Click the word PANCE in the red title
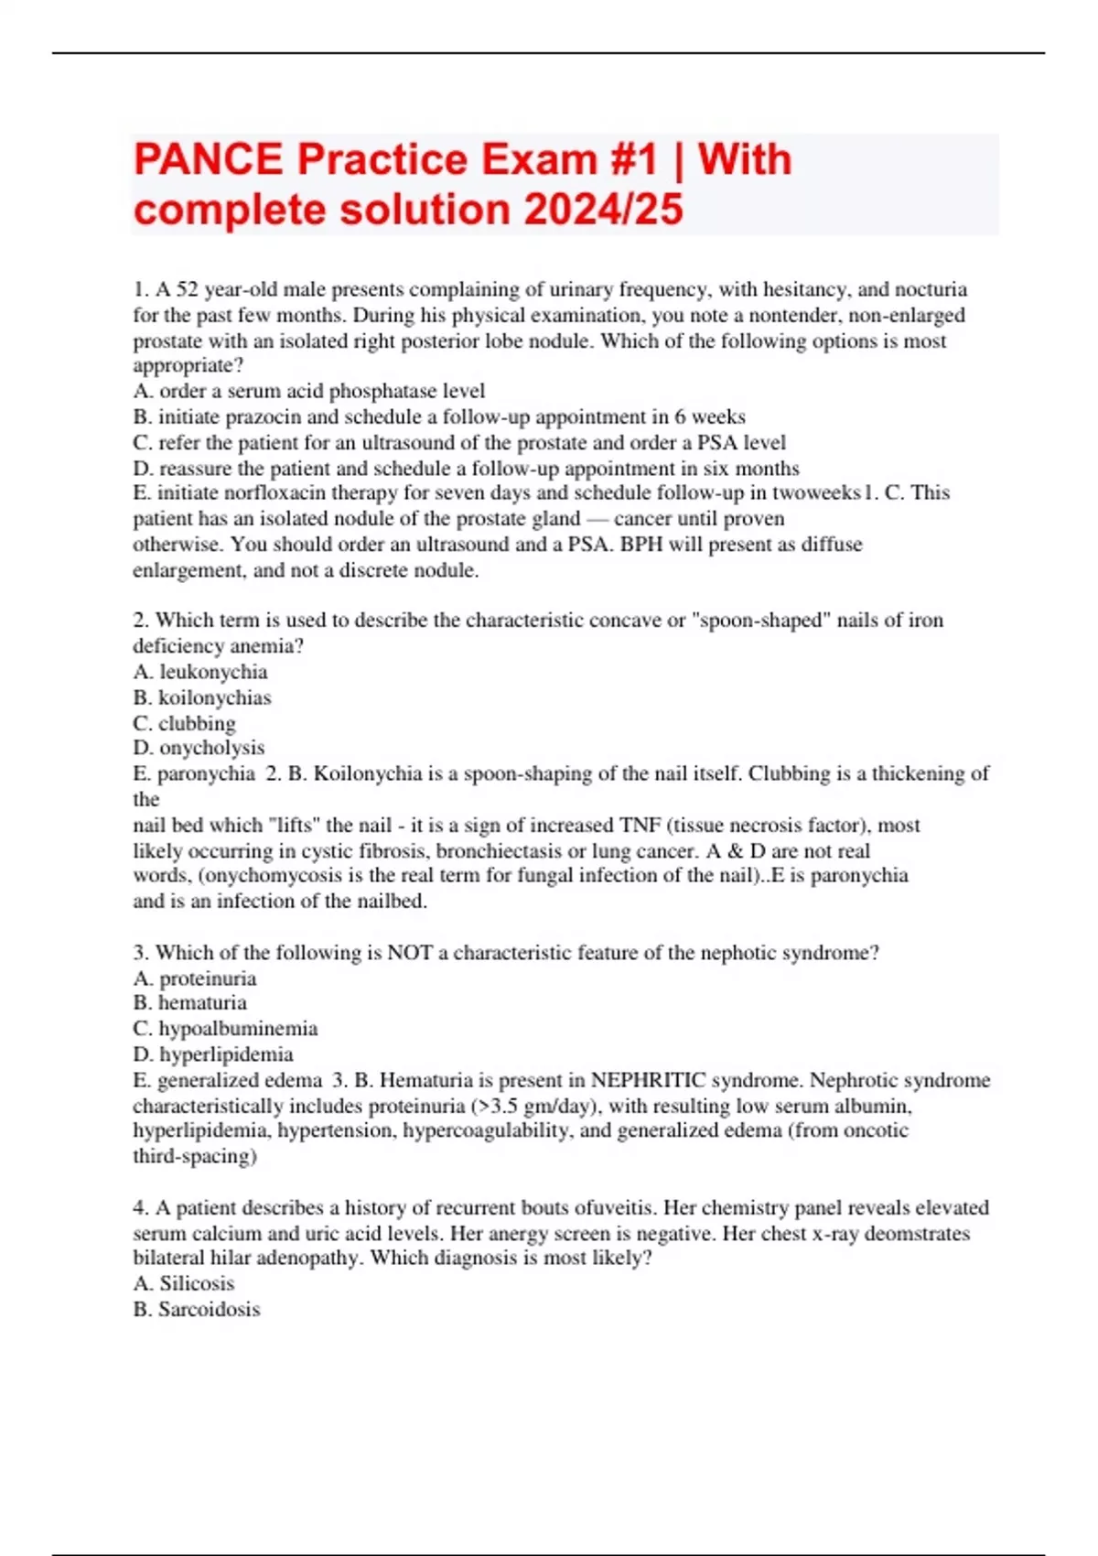click(x=209, y=160)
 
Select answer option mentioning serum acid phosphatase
click(x=309, y=391)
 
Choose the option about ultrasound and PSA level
click(x=459, y=442)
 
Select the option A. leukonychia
click(x=200, y=672)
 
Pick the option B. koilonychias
click(x=202, y=697)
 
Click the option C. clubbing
click(x=184, y=723)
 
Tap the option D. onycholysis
click(x=199, y=748)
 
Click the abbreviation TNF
click(x=640, y=825)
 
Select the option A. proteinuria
click(x=195, y=978)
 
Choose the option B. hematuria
click(x=190, y=1003)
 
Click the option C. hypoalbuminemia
click(x=225, y=1029)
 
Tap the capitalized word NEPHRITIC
click(x=649, y=1080)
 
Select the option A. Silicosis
click(x=184, y=1283)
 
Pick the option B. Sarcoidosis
click(x=197, y=1309)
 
